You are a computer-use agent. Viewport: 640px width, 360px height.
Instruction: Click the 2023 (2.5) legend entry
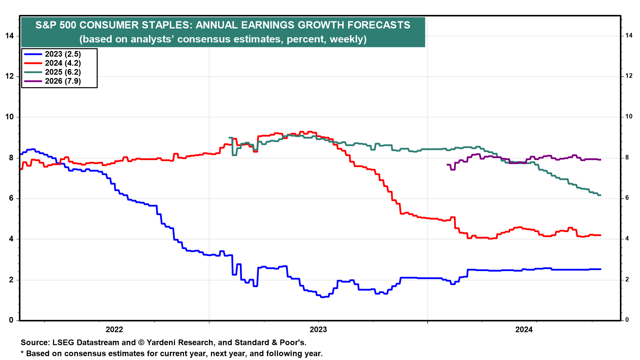click(63, 54)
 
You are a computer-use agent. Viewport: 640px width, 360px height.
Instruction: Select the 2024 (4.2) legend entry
click(63, 63)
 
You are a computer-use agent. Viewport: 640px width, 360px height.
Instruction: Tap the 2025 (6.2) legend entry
click(63, 72)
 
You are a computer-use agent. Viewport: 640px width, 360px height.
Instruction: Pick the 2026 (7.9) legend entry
click(63, 81)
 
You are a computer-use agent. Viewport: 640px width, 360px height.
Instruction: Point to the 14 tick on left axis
click(10, 36)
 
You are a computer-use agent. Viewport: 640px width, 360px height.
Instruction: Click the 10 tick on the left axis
click(10, 117)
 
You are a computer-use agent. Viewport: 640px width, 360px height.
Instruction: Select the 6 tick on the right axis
click(627, 198)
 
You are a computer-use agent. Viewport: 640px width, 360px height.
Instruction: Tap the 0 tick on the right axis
click(627, 320)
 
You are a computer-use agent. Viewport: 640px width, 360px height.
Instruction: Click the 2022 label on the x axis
click(114, 330)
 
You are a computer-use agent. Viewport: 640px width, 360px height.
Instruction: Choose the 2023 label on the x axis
click(318, 330)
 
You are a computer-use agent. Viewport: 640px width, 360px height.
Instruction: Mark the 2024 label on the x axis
click(524, 330)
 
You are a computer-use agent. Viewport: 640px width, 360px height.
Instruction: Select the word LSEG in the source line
click(63, 342)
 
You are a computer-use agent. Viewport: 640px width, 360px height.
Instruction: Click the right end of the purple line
click(601, 160)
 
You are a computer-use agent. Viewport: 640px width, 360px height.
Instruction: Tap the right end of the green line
click(601, 195)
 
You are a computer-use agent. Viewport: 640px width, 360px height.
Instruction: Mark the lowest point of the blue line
click(322, 297)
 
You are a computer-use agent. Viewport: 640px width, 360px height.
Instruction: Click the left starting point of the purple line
click(447, 165)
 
